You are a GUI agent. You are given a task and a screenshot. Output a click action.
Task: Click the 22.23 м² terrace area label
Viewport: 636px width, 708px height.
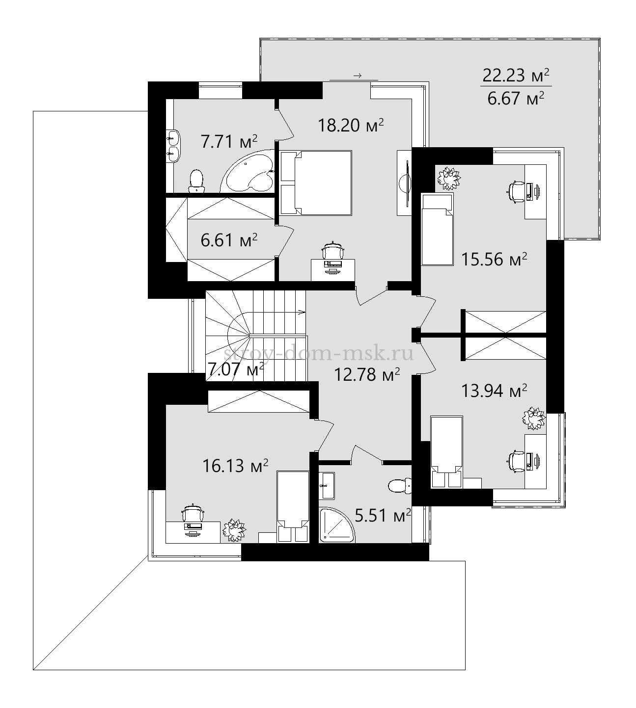[x=516, y=75]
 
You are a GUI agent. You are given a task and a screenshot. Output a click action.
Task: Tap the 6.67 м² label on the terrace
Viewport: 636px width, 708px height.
[x=516, y=99]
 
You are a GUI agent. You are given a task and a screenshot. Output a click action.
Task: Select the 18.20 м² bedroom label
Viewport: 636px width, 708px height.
[x=351, y=125]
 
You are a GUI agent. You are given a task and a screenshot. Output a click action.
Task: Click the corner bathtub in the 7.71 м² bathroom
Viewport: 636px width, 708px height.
[x=248, y=172]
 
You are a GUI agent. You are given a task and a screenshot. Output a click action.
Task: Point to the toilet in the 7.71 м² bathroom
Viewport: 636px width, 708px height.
[x=196, y=182]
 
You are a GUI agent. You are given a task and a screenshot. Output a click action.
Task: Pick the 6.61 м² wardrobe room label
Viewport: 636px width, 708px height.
[x=229, y=240]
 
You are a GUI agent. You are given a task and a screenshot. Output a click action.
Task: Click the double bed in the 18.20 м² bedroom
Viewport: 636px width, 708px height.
[x=316, y=183]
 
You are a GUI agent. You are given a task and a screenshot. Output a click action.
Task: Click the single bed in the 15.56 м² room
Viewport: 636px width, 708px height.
[x=437, y=229]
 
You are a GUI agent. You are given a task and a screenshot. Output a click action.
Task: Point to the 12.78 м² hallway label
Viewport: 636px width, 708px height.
[x=367, y=375]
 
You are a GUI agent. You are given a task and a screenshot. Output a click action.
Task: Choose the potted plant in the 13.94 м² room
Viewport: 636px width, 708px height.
[x=534, y=419]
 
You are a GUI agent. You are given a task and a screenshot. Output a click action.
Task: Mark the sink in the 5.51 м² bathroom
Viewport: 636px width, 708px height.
[x=327, y=485]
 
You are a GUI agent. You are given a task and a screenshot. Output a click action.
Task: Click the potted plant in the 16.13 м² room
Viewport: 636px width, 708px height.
[x=234, y=531]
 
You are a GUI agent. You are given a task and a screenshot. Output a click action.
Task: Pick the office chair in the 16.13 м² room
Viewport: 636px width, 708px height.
[x=193, y=514]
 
